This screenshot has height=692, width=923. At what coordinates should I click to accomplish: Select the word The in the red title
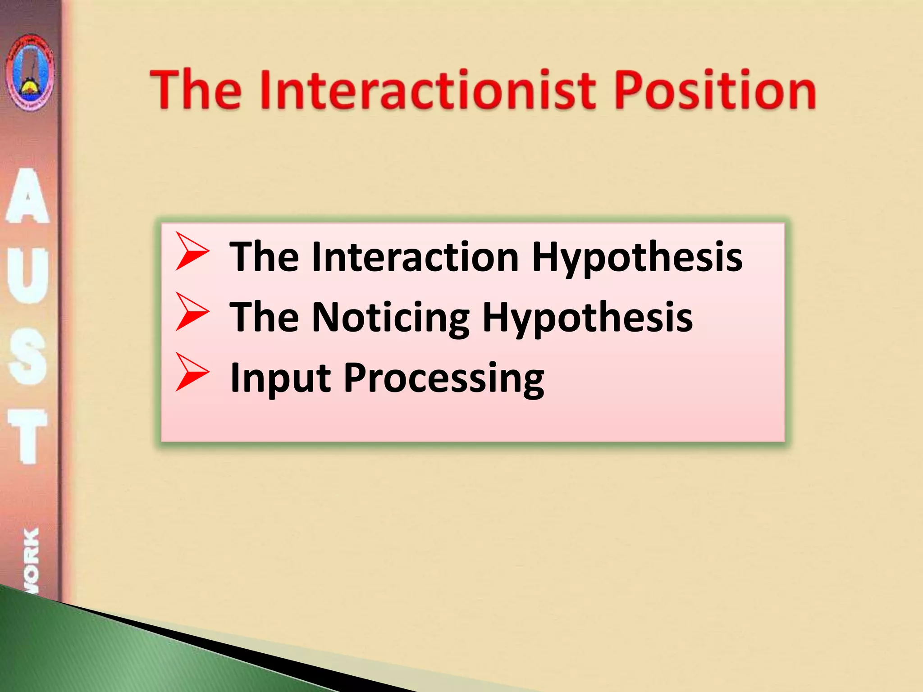coord(196,90)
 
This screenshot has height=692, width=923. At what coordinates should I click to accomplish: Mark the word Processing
coord(444,378)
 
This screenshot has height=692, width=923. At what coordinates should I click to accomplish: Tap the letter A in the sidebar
coord(28,196)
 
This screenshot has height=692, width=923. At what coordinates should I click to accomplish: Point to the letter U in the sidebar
coord(28,275)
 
